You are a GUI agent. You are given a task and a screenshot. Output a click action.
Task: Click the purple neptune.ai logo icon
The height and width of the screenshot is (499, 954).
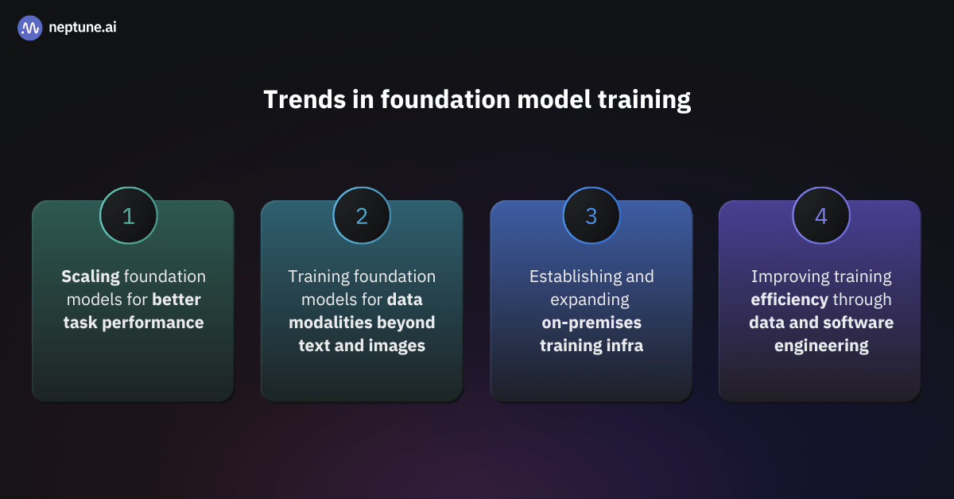click(x=29, y=28)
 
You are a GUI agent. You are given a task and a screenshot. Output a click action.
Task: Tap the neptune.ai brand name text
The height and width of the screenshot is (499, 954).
click(x=83, y=28)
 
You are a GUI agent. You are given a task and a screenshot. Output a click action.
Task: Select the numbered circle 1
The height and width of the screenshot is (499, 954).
click(x=129, y=215)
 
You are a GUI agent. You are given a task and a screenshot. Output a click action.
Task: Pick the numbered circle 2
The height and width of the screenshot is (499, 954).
click(x=362, y=215)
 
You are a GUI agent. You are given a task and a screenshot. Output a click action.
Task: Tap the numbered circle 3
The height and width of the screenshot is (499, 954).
click(x=591, y=215)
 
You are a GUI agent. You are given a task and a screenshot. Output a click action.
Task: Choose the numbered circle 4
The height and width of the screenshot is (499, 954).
click(x=820, y=215)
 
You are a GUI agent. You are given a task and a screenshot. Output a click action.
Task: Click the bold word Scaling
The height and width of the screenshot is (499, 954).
click(x=91, y=277)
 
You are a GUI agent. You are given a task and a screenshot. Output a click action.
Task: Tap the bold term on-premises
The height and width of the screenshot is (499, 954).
click(x=591, y=323)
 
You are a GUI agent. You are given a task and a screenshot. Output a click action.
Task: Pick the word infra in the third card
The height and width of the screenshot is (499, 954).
click(x=625, y=346)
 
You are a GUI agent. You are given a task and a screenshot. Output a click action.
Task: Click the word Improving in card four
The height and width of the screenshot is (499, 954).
click(x=789, y=277)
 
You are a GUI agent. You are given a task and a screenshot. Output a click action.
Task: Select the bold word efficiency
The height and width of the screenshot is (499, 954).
click(x=788, y=300)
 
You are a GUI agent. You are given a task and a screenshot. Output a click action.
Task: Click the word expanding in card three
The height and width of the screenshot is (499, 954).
click(x=591, y=300)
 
